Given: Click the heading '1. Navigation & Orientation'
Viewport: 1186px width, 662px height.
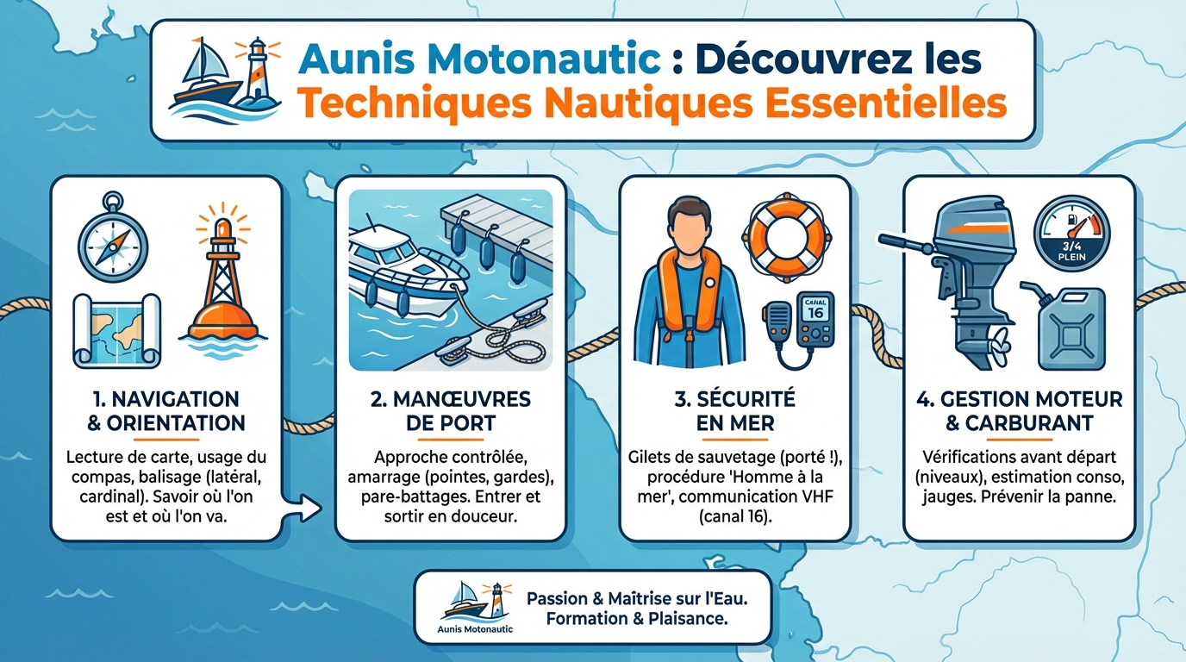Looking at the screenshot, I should click(x=165, y=411).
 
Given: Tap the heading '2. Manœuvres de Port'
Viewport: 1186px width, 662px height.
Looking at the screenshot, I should click(x=451, y=411).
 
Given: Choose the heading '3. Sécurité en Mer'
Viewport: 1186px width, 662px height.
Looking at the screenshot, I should click(x=734, y=411).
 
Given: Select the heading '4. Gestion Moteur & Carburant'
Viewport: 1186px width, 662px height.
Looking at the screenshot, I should click(x=1019, y=411).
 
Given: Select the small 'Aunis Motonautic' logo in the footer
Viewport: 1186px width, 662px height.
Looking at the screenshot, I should click(x=476, y=607).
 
